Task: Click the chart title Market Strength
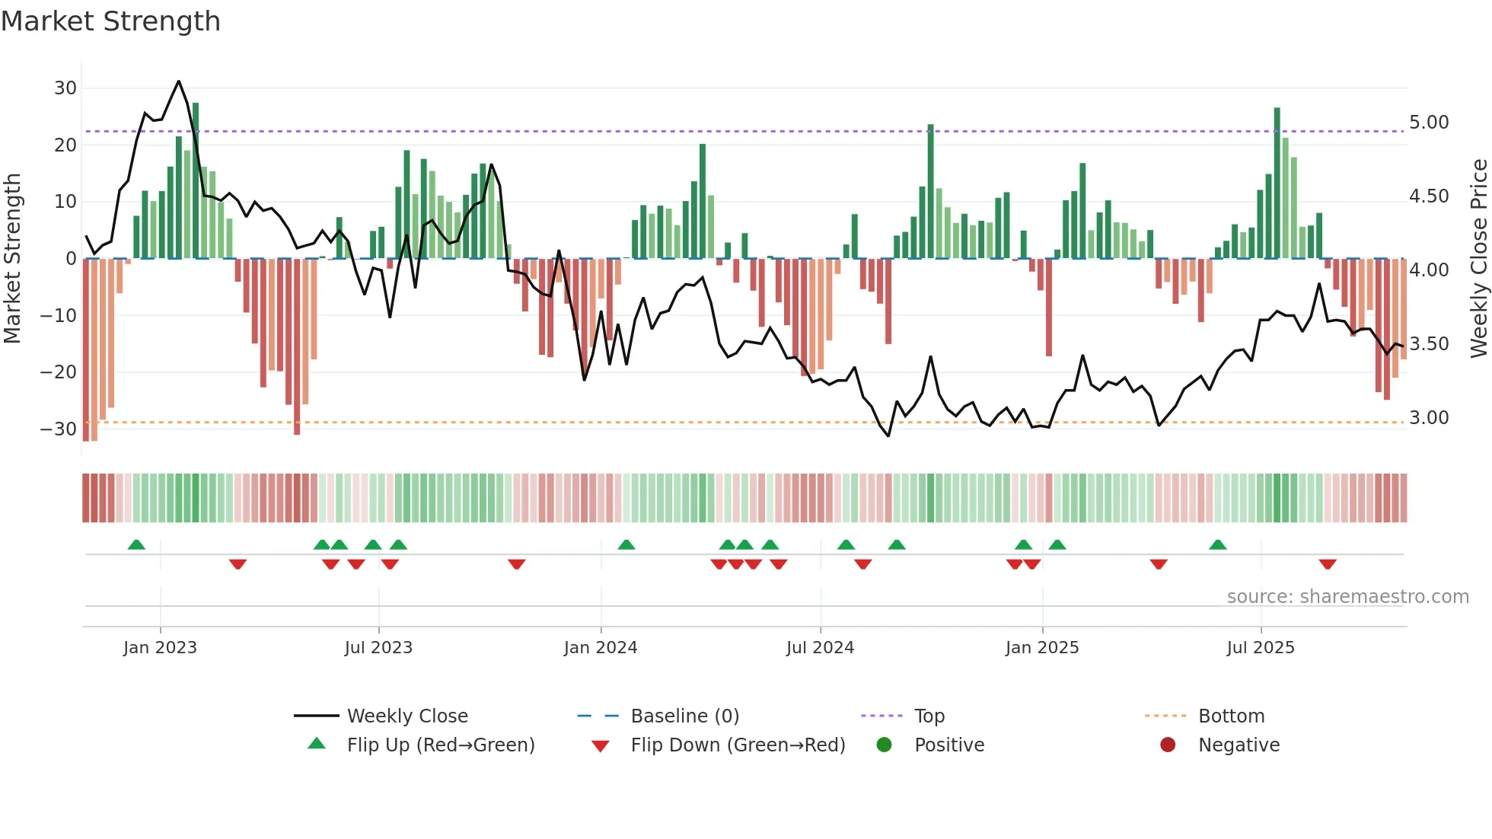[110, 21]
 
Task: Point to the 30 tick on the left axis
[65, 88]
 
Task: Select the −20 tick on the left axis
[59, 372]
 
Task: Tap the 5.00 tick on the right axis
[1429, 123]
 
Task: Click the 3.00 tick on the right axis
[1429, 418]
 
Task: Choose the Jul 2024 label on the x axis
[820, 648]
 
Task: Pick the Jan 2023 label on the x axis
[160, 648]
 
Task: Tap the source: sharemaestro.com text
[1347, 597]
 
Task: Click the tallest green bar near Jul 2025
[1277, 183]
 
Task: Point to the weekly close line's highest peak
[179, 81]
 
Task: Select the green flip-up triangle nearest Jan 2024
[626, 545]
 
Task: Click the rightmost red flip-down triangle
[1328, 564]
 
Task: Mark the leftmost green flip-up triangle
[136, 545]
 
